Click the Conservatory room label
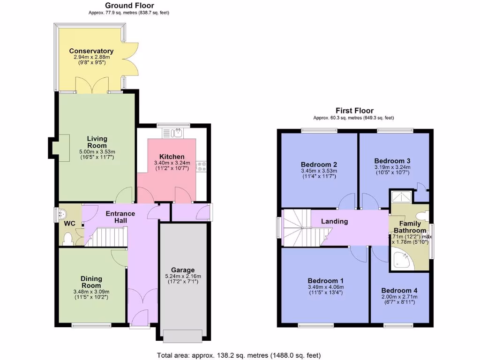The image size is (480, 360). pos(91,51)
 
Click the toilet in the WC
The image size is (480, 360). pos(67,239)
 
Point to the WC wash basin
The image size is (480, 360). pos(61,215)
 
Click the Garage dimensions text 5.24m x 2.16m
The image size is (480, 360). pos(182,276)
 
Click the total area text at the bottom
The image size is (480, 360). pos(239,355)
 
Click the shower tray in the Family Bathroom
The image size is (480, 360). pos(401,197)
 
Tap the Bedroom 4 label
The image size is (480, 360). pos(399,290)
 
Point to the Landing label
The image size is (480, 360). pos(334,221)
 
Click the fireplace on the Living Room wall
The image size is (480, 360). pos(60,143)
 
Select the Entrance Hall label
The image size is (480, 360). pos(120,217)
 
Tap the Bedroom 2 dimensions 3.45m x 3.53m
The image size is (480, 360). pos(319,171)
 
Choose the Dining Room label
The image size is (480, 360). pos(91,282)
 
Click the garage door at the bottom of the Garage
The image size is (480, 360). pos(182,336)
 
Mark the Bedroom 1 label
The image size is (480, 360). pos(325,280)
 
